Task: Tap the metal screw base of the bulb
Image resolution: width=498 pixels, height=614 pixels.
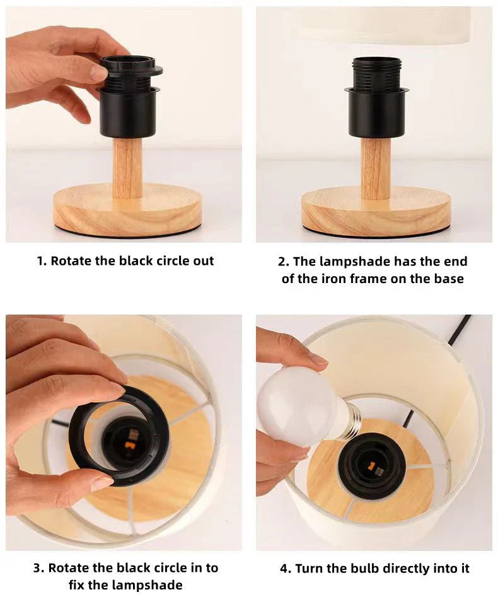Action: point(350,421)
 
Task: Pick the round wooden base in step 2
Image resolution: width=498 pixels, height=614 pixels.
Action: point(376,211)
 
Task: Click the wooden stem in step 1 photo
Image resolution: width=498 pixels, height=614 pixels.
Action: point(127,168)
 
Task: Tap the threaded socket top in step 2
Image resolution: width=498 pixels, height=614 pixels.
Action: point(376,74)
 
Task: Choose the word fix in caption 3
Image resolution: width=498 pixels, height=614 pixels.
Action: point(77,585)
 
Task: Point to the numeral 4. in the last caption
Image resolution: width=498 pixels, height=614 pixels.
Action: point(285,569)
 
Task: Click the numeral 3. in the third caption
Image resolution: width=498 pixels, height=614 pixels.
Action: point(38,568)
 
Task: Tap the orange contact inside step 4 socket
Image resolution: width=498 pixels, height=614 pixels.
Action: point(371,466)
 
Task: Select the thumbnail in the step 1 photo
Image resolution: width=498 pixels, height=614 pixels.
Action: point(98,71)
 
